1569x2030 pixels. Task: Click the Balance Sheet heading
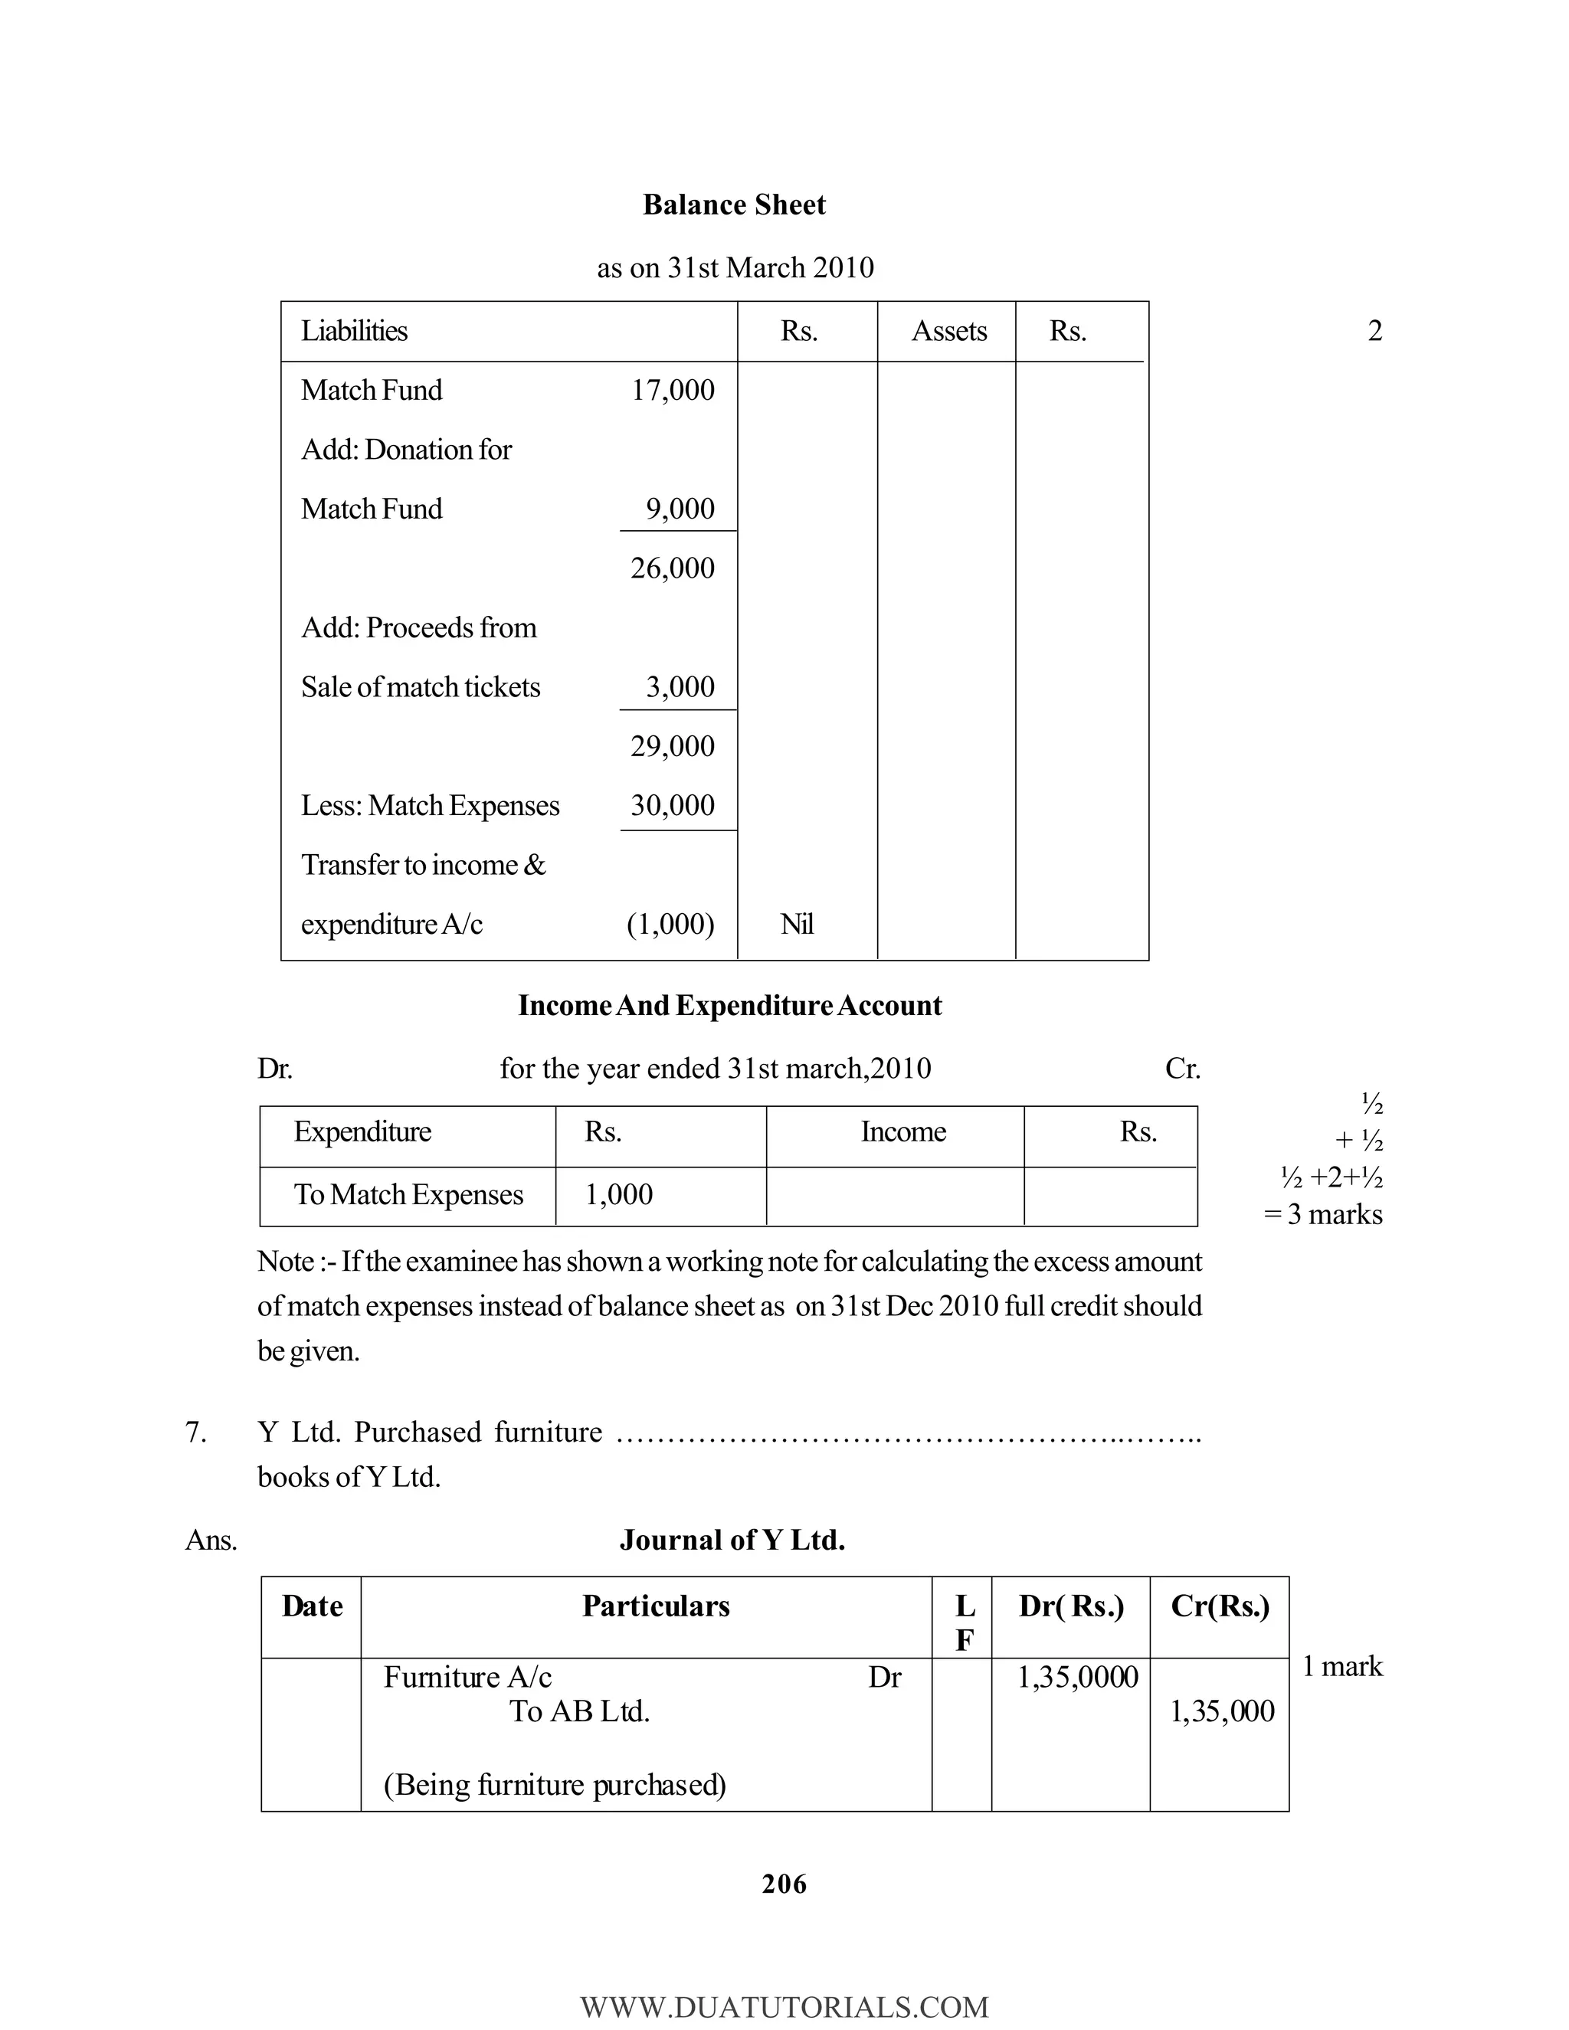[x=733, y=205]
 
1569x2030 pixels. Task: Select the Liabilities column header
[x=354, y=331]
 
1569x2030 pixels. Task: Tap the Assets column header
[x=948, y=331]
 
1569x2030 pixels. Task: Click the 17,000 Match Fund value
[x=673, y=391]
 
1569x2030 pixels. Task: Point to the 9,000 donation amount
[x=680, y=509]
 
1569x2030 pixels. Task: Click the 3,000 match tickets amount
[x=680, y=687]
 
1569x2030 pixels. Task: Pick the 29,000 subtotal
[x=673, y=746]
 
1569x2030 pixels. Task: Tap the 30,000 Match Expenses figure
[x=673, y=805]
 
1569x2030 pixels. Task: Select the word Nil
[x=798, y=924]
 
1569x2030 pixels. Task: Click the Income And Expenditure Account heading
[x=729, y=1006]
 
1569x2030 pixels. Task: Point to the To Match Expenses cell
[x=408, y=1194]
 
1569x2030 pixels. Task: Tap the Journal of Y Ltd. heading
[x=732, y=1541]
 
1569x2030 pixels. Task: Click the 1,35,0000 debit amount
[x=1077, y=1677]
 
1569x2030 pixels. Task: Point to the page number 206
[x=784, y=1884]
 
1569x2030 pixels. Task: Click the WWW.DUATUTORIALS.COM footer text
[x=784, y=2008]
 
